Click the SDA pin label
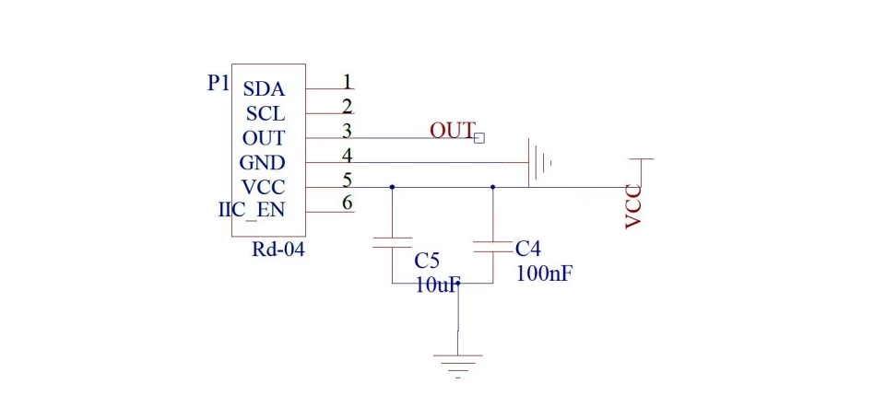tap(265, 89)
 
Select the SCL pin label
tap(266, 113)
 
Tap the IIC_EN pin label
tap(252, 211)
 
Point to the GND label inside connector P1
tap(262, 163)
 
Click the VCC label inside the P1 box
tap(263, 187)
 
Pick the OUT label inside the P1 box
tap(264, 138)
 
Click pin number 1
tap(348, 82)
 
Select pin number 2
tap(348, 106)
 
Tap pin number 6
tap(348, 203)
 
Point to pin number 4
tap(348, 156)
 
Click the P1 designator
tap(218, 84)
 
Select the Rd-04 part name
tap(278, 250)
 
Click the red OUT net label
tap(452, 130)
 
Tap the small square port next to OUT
tap(479, 138)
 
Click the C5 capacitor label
tap(427, 260)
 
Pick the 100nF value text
tap(545, 273)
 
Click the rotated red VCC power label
tap(633, 207)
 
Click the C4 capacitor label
tap(528, 248)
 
